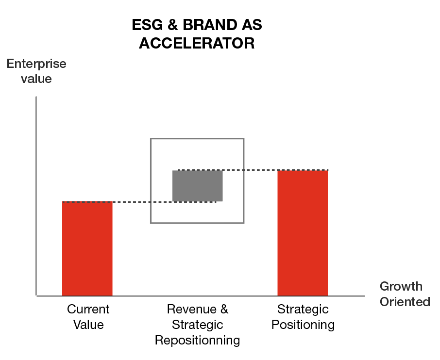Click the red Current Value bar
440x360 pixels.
(x=87, y=248)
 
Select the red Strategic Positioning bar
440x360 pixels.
(x=303, y=233)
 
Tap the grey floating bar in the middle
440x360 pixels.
(x=198, y=186)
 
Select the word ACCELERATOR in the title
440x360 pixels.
(x=197, y=44)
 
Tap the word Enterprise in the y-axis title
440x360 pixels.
(x=36, y=64)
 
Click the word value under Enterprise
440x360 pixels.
(x=36, y=79)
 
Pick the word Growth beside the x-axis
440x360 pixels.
(x=401, y=286)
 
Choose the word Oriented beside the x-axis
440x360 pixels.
(x=405, y=302)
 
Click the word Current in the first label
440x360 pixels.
(x=88, y=310)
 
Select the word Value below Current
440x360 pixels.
(x=88, y=325)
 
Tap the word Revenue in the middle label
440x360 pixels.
(x=190, y=310)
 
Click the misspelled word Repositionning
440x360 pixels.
(x=197, y=341)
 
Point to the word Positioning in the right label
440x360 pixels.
(x=303, y=325)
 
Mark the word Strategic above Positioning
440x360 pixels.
(x=303, y=310)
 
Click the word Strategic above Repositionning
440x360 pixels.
(x=197, y=325)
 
